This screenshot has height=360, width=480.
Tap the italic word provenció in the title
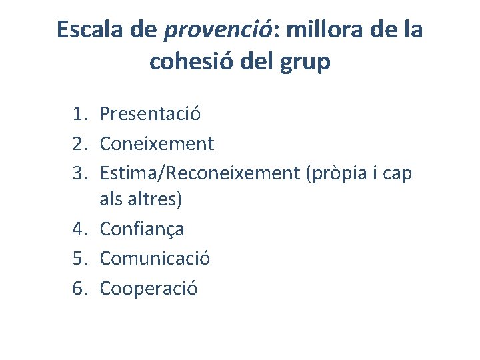click(215, 31)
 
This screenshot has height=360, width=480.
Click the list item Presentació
click(150, 114)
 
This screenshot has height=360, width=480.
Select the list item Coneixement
click(157, 143)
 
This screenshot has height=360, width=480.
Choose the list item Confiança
click(142, 229)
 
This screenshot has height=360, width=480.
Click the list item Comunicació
click(155, 259)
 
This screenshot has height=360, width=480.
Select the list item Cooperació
click(149, 288)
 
